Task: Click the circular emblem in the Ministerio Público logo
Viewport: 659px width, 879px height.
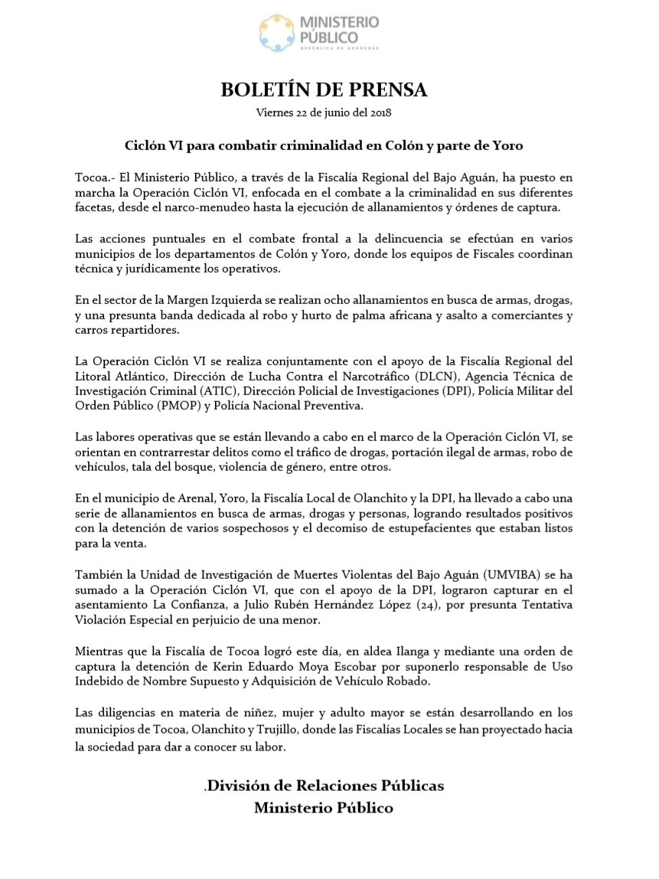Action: [278, 33]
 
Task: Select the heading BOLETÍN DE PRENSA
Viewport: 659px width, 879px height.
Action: [324, 90]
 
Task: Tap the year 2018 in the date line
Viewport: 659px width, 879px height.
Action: [380, 113]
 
